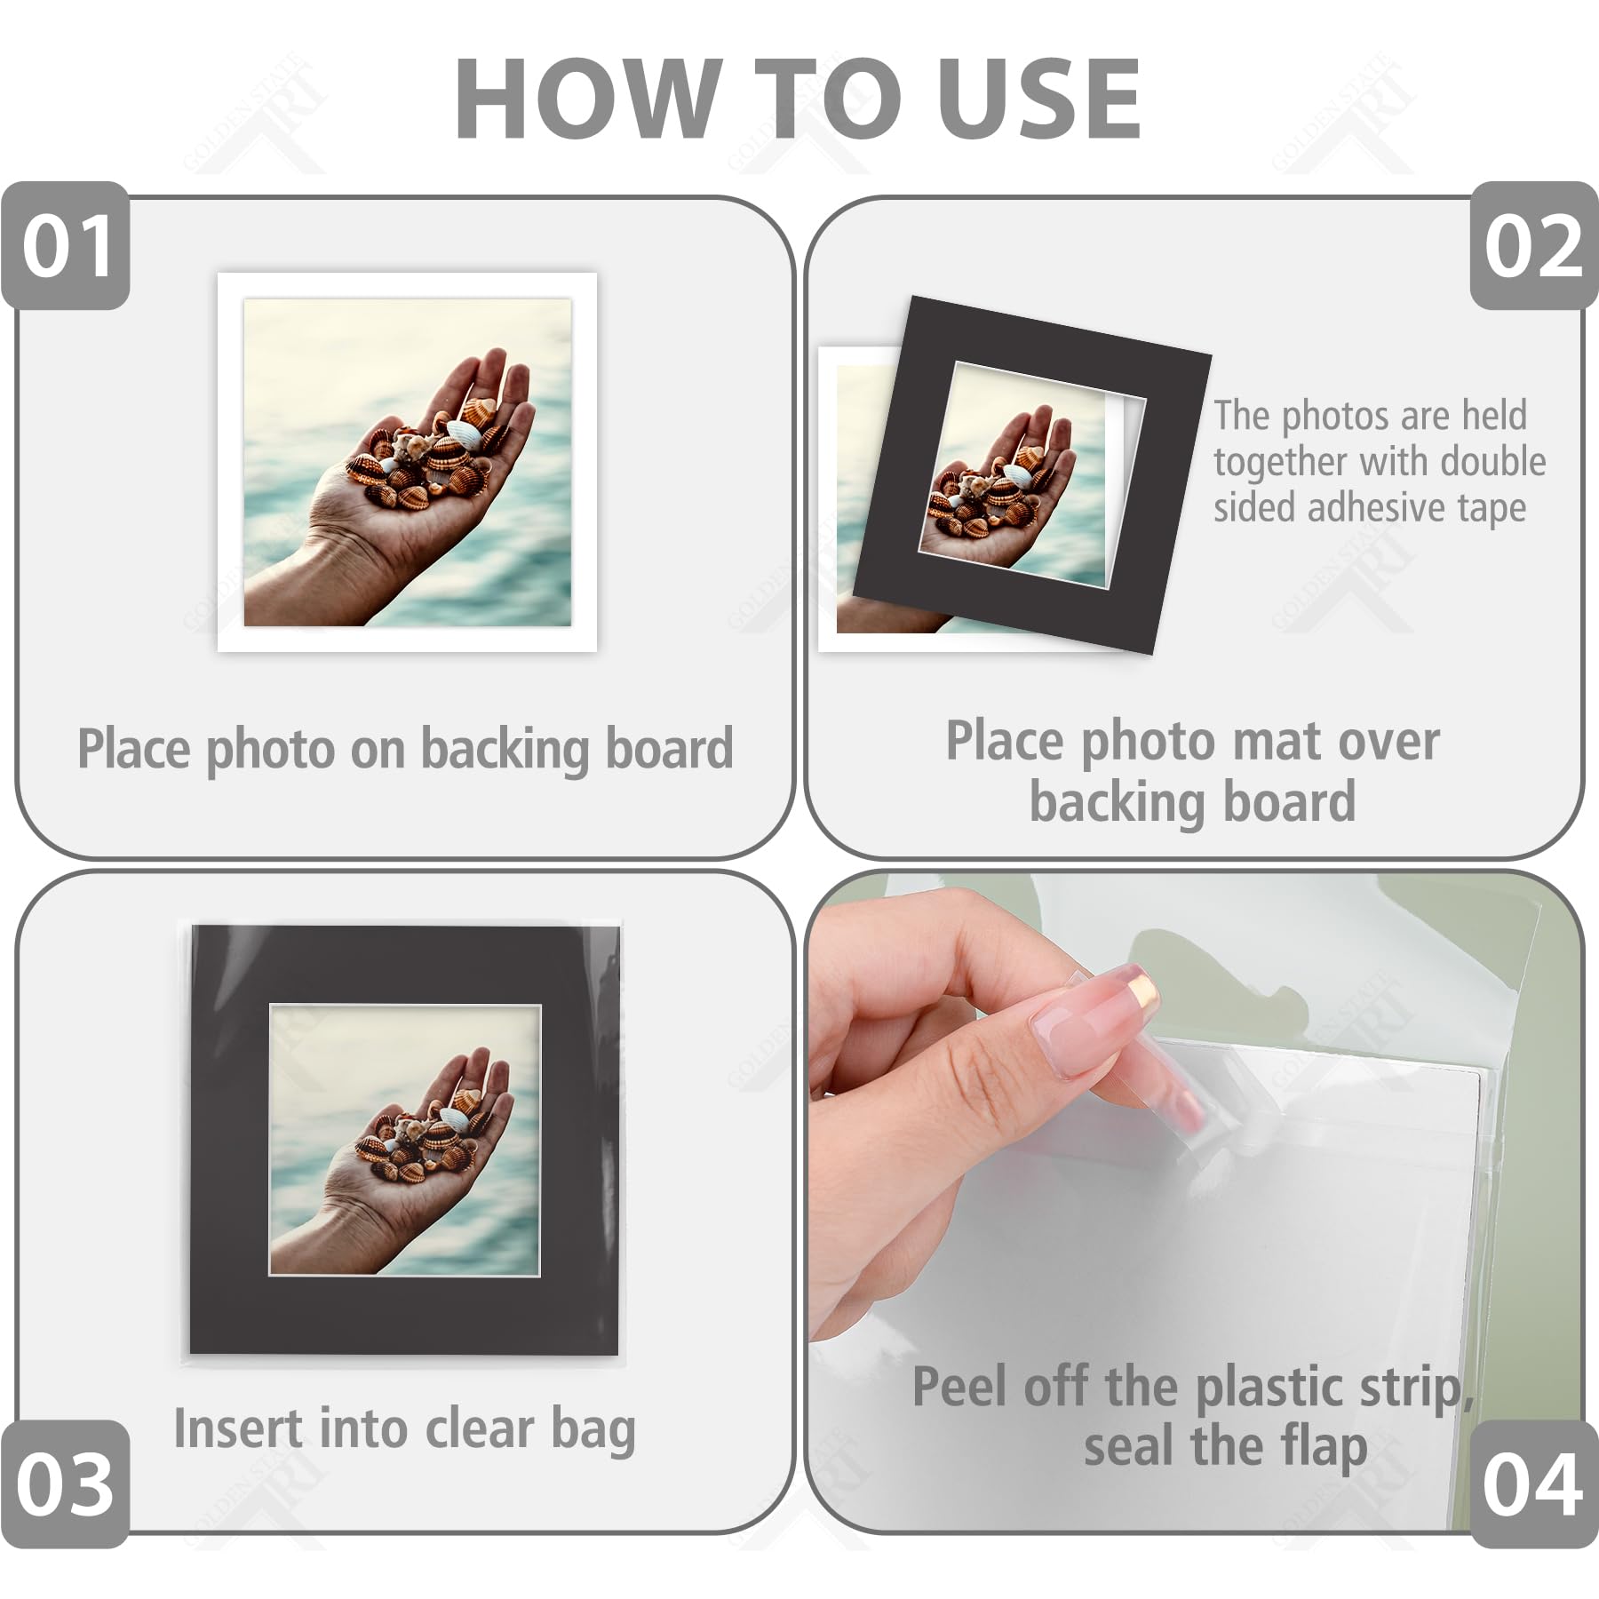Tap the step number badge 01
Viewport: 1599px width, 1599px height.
pyautogui.click(x=66, y=246)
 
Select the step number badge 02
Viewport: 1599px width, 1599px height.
pyautogui.click(x=1534, y=246)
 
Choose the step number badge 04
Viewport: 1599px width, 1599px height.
pyautogui.click(x=1532, y=1484)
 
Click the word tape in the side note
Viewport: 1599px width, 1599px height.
pyautogui.click(x=1492, y=509)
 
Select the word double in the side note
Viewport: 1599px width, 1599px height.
pyautogui.click(x=1493, y=461)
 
